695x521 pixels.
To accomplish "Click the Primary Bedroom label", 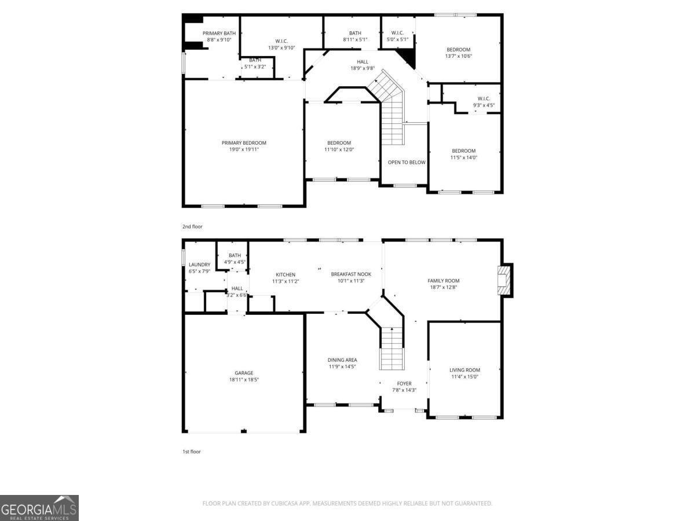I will (x=244, y=143).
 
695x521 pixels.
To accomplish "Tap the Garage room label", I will (x=244, y=373).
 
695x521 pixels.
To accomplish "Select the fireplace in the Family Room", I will (x=505, y=281).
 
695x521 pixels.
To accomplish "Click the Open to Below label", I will (x=407, y=162).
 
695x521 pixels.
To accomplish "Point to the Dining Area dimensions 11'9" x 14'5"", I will (x=343, y=366).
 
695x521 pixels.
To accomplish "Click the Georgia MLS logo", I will (x=39, y=508).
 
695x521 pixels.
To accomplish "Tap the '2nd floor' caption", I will (x=192, y=226).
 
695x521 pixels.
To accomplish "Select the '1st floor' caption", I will (x=192, y=451).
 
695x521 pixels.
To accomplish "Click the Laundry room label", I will (x=199, y=265).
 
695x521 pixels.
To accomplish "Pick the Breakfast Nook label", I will (x=351, y=274).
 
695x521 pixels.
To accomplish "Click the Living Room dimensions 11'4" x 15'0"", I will (x=464, y=377).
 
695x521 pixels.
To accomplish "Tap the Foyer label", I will (x=404, y=383).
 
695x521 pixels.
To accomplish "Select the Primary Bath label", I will (x=219, y=33).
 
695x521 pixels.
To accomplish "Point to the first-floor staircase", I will (x=392, y=348).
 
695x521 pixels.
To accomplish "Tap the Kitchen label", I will (x=286, y=274).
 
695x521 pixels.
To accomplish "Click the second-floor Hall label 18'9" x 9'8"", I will (x=363, y=62).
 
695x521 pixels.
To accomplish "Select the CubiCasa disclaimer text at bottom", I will (x=348, y=503).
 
